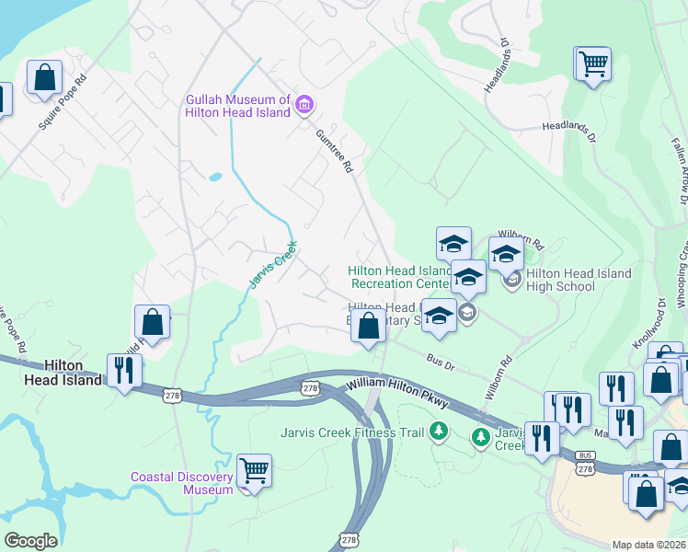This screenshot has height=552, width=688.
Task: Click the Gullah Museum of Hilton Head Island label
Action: click(x=237, y=106)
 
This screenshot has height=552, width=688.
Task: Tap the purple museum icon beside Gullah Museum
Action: click(x=304, y=106)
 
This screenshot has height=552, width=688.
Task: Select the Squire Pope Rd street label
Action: click(x=63, y=101)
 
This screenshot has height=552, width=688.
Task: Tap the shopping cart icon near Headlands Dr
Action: click(x=593, y=64)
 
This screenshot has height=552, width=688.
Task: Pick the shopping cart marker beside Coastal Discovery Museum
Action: click(x=255, y=471)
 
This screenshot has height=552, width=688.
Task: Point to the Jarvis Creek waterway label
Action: click(x=273, y=265)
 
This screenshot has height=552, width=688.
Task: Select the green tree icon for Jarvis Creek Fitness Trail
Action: click(x=440, y=431)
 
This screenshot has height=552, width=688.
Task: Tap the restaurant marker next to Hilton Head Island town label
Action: click(x=122, y=370)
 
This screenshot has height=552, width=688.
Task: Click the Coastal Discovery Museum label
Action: click(x=182, y=483)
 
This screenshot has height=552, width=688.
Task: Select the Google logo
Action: click(x=30, y=541)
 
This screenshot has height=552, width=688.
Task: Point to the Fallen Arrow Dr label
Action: click(x=678, y=167)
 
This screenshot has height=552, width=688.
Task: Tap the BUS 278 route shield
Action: click(x=586, y=462)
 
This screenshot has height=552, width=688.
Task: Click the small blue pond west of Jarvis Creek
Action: click(x=215, y=177)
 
